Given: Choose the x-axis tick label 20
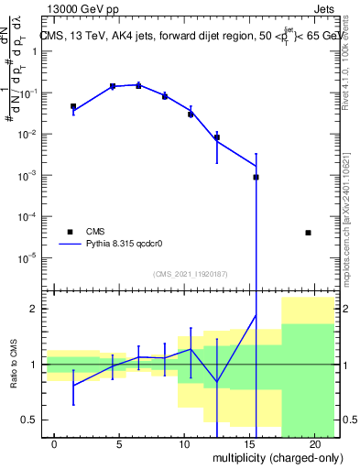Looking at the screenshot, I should click(x=314, y=444).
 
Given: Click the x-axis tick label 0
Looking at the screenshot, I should click(x=55, y=444).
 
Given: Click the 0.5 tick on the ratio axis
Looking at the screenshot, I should click(x=28, y=420).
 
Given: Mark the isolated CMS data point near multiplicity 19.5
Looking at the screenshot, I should click(x=308, y=233).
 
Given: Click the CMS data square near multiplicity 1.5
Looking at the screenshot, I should click(x=73, y=106).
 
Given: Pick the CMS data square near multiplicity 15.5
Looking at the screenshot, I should click(x=256, y=177).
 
